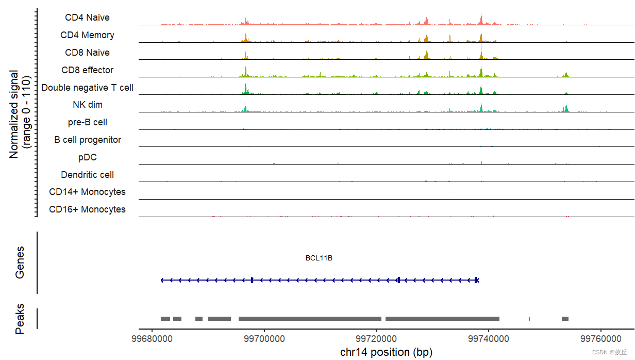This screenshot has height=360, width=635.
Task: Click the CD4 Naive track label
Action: (87, 18)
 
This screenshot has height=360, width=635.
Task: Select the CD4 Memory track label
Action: (87, 35)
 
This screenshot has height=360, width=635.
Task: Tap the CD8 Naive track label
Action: (87, 53)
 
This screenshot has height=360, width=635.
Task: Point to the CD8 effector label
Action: (87, 70)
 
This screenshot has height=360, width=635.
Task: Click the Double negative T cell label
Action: (87, 88)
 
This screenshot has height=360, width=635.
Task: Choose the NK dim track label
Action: (87, 105)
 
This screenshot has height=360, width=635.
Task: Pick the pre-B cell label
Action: (87, 122)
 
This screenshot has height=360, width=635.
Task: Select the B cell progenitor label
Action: (87, 140)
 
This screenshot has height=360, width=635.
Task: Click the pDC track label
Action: (87, 157)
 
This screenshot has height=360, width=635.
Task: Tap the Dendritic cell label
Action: (87, 175)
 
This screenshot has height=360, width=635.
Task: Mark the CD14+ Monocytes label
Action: (87, 192)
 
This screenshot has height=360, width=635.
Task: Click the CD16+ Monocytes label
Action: (87, 209)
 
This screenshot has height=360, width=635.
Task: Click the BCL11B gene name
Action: (319, 258)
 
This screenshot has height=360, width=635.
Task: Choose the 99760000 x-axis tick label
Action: (601, 339)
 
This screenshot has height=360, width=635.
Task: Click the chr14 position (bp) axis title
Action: (386, 352)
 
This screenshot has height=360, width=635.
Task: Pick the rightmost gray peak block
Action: (565, 318)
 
